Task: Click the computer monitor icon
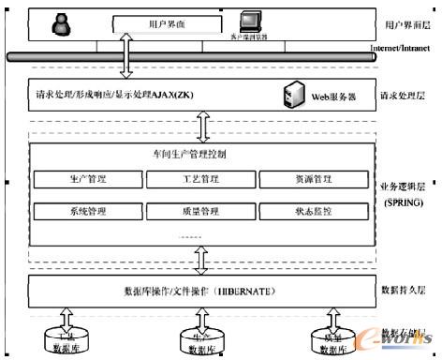tap(249, 21)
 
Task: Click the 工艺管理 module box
tap(199, 177)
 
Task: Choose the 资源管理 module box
tap(309, 177)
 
